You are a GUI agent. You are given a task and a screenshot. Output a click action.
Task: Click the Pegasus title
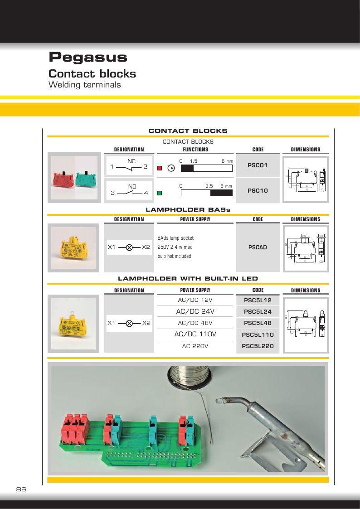(x=88, y=58)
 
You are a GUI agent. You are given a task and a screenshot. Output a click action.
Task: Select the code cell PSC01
(x=258, y=165)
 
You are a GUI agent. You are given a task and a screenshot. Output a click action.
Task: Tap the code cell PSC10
(x=258, y=191)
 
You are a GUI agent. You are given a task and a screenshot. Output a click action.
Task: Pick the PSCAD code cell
(x=258, y=247)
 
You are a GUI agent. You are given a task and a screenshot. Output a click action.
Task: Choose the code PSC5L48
(x=258, y=323)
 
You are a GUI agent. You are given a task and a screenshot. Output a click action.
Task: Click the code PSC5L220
(x=258, y=347)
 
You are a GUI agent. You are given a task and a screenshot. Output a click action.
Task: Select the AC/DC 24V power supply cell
(x=195, y=311)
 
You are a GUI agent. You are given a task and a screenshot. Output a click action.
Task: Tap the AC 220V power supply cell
(x=195, y=346)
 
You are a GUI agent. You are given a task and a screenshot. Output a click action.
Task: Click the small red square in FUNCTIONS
(x=160, y=168)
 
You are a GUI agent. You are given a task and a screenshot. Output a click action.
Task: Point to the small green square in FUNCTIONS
(x=160, y=193)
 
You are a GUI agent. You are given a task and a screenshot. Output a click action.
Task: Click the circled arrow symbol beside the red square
(x=171, y=168)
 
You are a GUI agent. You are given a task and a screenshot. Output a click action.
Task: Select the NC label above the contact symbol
(x=131, y=161)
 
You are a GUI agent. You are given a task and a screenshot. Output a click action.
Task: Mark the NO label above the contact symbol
(x=132, y=186)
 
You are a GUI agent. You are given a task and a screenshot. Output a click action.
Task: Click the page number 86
(x=21, y=490)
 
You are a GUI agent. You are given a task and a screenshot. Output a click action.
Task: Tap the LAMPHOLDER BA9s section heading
(x=188, y=210)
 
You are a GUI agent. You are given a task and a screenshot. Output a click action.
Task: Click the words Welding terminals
(x=84, y=85)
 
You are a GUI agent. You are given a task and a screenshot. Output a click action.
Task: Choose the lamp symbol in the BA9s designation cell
(x=129, y=247)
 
